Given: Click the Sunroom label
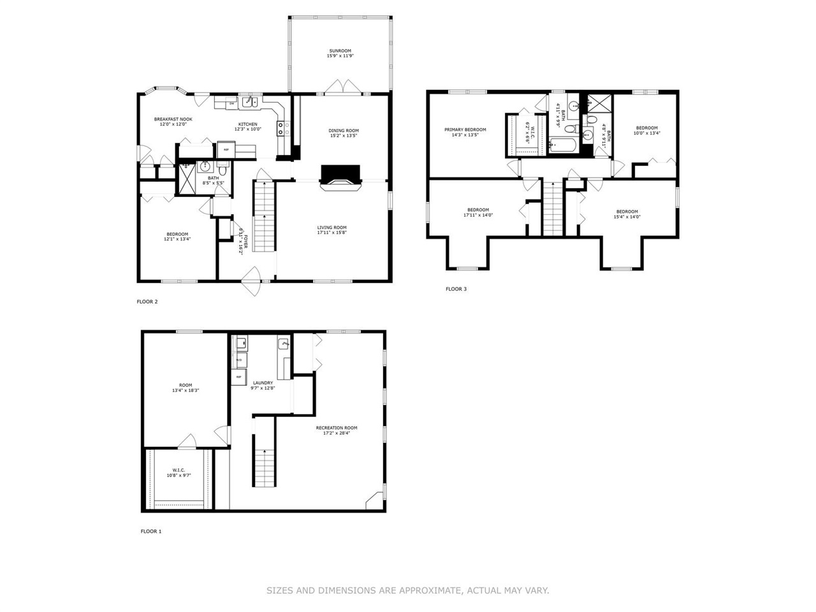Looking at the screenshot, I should [340, 51].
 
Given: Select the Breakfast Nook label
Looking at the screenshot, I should [173, 119].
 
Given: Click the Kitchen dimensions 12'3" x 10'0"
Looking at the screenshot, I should [248, 129].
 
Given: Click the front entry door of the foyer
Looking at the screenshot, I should [253, 280].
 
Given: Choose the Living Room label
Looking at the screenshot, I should [331, 228].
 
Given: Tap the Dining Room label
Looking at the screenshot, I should [344, 131].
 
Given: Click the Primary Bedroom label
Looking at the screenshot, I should [465, 129].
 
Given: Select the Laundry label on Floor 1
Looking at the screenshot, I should [262, 383].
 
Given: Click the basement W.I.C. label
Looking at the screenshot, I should [178, 470].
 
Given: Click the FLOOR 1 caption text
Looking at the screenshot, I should [151, 531].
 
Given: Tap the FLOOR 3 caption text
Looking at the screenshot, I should [456, 289].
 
